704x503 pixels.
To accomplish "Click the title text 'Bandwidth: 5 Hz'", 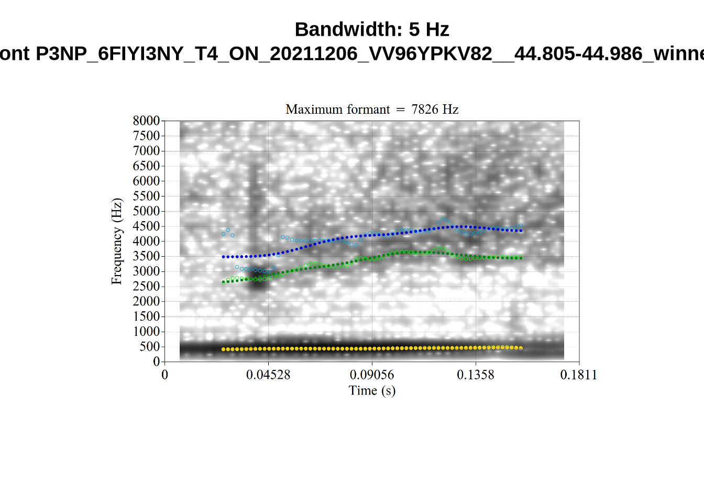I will pos(372,29).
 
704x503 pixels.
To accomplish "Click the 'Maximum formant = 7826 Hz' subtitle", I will pos(372,110).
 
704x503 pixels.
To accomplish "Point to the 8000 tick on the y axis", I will pos(146,121).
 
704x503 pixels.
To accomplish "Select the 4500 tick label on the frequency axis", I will pos(146,226).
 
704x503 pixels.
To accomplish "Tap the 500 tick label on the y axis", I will pos(149,347).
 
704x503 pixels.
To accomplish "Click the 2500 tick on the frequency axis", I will pos(146,287).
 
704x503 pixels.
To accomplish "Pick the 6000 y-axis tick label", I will pos(146,181).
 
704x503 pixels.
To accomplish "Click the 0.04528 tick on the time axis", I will pos(268,375).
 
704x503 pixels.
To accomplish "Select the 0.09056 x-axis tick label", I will pos(372,375).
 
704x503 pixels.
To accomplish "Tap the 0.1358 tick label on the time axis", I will pos(476,375).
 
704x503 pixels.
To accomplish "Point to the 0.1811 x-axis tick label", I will pos(579,375).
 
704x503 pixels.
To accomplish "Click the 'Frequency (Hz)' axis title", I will pos(116,242).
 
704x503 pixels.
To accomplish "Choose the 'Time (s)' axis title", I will pos(372,391).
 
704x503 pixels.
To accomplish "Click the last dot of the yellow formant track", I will pos(521,348).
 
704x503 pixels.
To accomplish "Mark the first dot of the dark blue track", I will pos(224,257).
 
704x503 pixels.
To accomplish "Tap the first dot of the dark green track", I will pos(224,282).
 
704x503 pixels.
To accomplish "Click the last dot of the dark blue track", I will pos(521,231).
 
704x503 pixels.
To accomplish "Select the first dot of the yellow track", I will pos(224,349).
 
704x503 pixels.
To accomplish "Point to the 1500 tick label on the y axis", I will pos(146,316).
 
